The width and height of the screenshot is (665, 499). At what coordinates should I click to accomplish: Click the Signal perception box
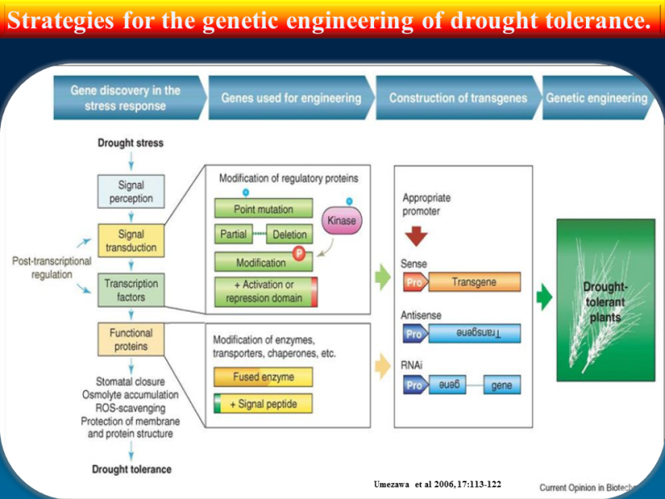point(131,190)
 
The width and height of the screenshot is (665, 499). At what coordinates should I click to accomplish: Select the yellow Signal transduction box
point(131,240)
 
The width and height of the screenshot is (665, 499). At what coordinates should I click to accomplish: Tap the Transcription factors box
point(131,289)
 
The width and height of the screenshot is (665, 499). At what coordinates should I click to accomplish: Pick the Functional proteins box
point(131,338)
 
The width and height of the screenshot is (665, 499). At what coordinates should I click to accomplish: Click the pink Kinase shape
point(342,221)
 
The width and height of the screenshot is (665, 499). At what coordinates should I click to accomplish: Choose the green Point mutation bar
point(265,209)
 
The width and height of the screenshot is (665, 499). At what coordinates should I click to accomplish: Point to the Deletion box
point(290,235)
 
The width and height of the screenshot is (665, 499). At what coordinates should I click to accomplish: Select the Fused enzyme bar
point(264,377)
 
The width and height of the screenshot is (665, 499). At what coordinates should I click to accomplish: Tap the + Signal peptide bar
point(264,404)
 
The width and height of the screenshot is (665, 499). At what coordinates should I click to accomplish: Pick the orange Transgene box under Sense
point(474,282)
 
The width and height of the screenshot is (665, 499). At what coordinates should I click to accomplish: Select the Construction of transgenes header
point(457,98)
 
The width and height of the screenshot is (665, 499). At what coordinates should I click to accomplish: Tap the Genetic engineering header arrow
point(597,98)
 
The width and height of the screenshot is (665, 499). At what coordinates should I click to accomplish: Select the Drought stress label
point(131,143)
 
